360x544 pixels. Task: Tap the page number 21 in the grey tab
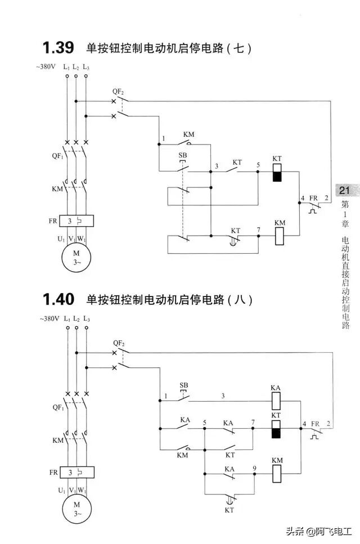(x=344, y=191)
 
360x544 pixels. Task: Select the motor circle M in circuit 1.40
(x=76, y=510)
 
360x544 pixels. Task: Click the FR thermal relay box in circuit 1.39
(x=76, y=221)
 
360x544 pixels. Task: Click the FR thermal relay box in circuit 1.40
(x=76, y=473)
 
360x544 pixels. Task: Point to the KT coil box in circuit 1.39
(x=276, y=172)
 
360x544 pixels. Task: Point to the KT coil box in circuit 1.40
(x=276, y=429)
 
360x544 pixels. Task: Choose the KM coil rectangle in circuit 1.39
(x=280, y=236)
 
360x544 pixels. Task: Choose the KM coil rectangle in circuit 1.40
(x=276, y=474)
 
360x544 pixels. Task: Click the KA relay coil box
(x=276, y=401)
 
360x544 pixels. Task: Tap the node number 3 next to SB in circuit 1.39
(x=216, y=167)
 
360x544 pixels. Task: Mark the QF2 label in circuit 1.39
(x=118, y=91)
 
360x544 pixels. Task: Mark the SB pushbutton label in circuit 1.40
(x=183, y=386)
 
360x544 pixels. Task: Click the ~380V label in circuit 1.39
(x=46, y=66)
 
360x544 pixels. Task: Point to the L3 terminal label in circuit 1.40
(x=85, y=318)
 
